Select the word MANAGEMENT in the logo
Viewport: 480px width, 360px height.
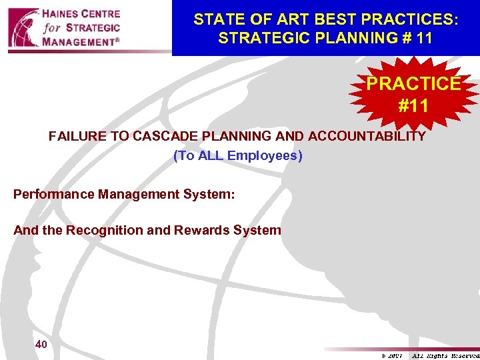coord(84,42)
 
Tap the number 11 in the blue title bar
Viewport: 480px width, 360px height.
coord(423,38)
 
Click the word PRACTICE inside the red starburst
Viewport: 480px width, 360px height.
coord(413,84)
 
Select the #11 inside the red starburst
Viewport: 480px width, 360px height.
coord(413,105)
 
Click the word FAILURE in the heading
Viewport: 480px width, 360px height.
coord(75,137)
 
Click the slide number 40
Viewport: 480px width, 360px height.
coord(41,345)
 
